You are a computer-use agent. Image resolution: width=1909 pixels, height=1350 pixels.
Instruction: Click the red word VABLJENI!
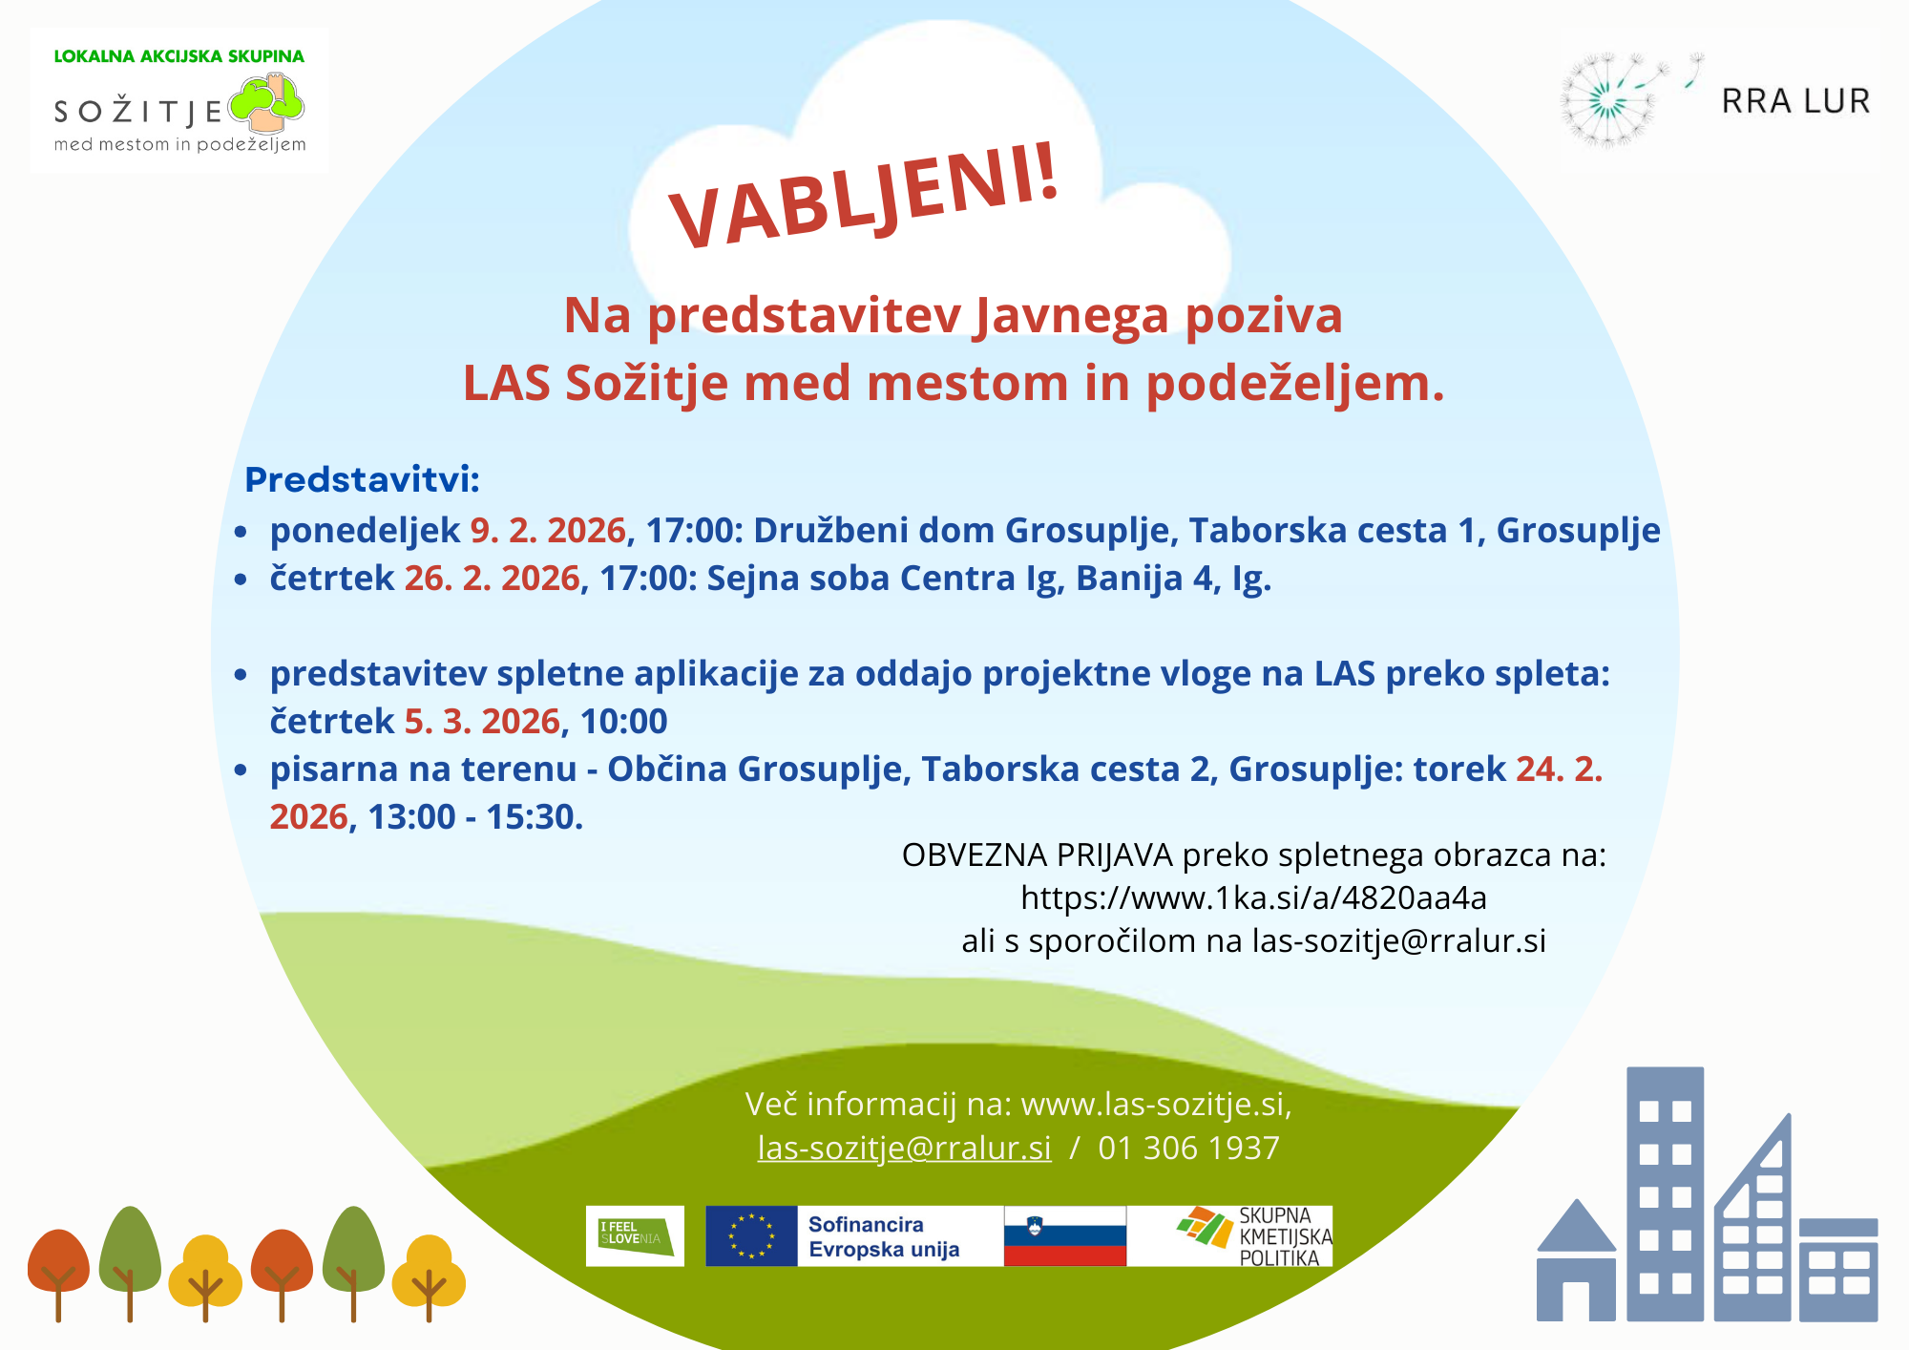(865, 197)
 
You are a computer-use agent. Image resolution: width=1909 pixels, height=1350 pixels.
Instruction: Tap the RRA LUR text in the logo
(1795, 101)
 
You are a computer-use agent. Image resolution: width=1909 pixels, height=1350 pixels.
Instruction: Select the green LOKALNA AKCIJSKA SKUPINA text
(179, 56)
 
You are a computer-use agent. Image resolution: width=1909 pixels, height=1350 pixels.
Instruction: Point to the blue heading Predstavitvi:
(362, 479)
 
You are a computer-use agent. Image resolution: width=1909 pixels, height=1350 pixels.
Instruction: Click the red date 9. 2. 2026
(548, 531)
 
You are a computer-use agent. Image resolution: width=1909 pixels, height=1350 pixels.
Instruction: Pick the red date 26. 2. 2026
(493, 579)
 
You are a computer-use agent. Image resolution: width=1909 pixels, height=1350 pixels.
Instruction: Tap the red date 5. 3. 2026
(482, 722)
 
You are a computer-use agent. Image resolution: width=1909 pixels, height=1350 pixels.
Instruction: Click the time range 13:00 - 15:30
(475, 817)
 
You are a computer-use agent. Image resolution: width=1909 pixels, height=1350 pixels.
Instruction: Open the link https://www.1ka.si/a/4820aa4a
(1253, 897)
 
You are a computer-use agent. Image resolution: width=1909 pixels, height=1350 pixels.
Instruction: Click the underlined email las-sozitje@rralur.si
(905, 1148)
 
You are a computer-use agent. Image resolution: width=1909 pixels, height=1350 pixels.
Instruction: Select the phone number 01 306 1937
(1188, 1148)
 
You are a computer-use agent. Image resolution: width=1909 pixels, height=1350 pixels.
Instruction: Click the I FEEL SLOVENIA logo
(635, 1236)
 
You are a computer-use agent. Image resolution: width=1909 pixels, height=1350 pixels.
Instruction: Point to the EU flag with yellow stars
(751, 1236)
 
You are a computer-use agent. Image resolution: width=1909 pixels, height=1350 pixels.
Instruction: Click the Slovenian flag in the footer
(1065, 1236)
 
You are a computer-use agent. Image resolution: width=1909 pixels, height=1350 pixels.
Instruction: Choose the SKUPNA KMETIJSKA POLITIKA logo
(1253, 1236)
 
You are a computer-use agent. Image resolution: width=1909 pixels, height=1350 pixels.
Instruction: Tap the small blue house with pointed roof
(1576, 1260)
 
